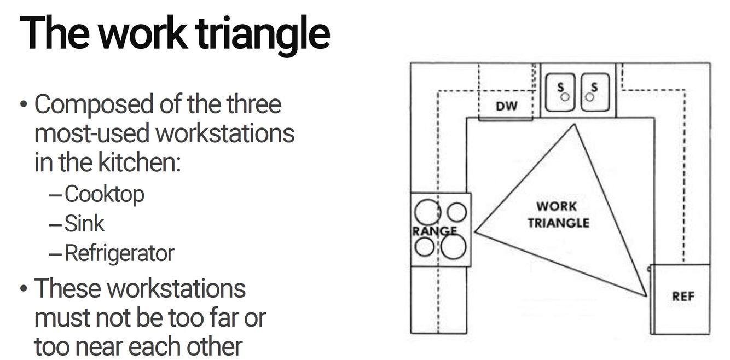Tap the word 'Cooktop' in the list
[x=104, y=194]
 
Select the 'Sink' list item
[x=84, y=223]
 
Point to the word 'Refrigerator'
[x=119, y=253]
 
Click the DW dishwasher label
[x=506, y=106]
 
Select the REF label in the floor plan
[x=683, y=297]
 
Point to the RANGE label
[x=434, y=231]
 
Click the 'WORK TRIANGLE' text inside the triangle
[x=558, y=214]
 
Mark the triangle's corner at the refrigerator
[x=646, y=296]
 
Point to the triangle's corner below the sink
[x=574, y=124]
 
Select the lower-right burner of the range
[x=453, y=246]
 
